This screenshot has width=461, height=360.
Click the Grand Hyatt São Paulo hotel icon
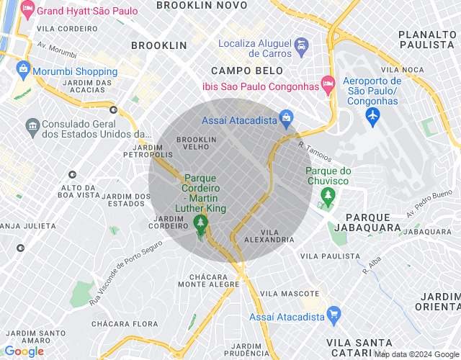[x=27, y=11]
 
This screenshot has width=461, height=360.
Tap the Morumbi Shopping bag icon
[x=24, y=71]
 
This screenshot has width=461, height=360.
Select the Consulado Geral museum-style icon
[x=32, y=127]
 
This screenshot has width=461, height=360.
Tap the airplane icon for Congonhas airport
[x=372, y=115]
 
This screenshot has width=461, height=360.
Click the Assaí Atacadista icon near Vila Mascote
[x=333, y=315]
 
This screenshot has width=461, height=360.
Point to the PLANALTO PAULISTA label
[x=428, y=40]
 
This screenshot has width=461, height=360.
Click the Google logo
[x=24, y=351]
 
